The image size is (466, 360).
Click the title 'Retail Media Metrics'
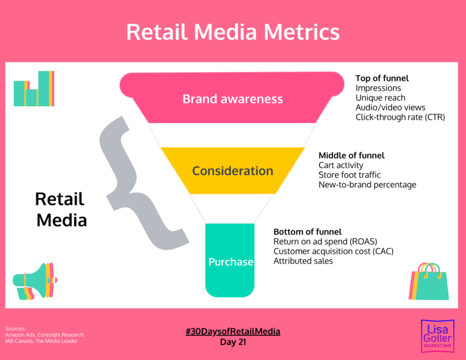pyautogui.click(x=233, y=32)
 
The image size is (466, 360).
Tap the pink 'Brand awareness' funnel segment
pyautogui.click(x=233, y=99)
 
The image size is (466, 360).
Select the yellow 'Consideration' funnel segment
pyautogui.click(x=233, y=171)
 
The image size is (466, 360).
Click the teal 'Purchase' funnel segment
pyautogui.click(x=230, y=262)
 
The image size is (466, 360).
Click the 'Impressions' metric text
pyautogui.click(x=378, y=88)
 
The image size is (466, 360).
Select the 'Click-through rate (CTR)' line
pyautogui.click(x=400, y=117)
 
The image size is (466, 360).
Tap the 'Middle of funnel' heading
pyautogui.click(x=351, y=155)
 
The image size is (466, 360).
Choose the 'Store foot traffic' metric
pyautogui.click(x=349, y=175)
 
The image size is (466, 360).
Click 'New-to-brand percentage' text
pyautogui.click(x=367, y=184)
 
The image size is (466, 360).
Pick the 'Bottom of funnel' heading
pyautogui.click(x=307, y=232)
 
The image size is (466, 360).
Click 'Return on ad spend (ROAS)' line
pyautogui.click(x=325, y=241)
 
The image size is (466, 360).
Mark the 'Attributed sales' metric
pyautogui.click(x=303, y=261)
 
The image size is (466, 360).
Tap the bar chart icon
pyautogui.click(x=34, y=89)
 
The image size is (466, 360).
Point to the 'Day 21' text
pyautogui.click(x=233, y=342)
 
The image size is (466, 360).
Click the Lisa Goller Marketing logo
pyautogui.click(x=436, y=335)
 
